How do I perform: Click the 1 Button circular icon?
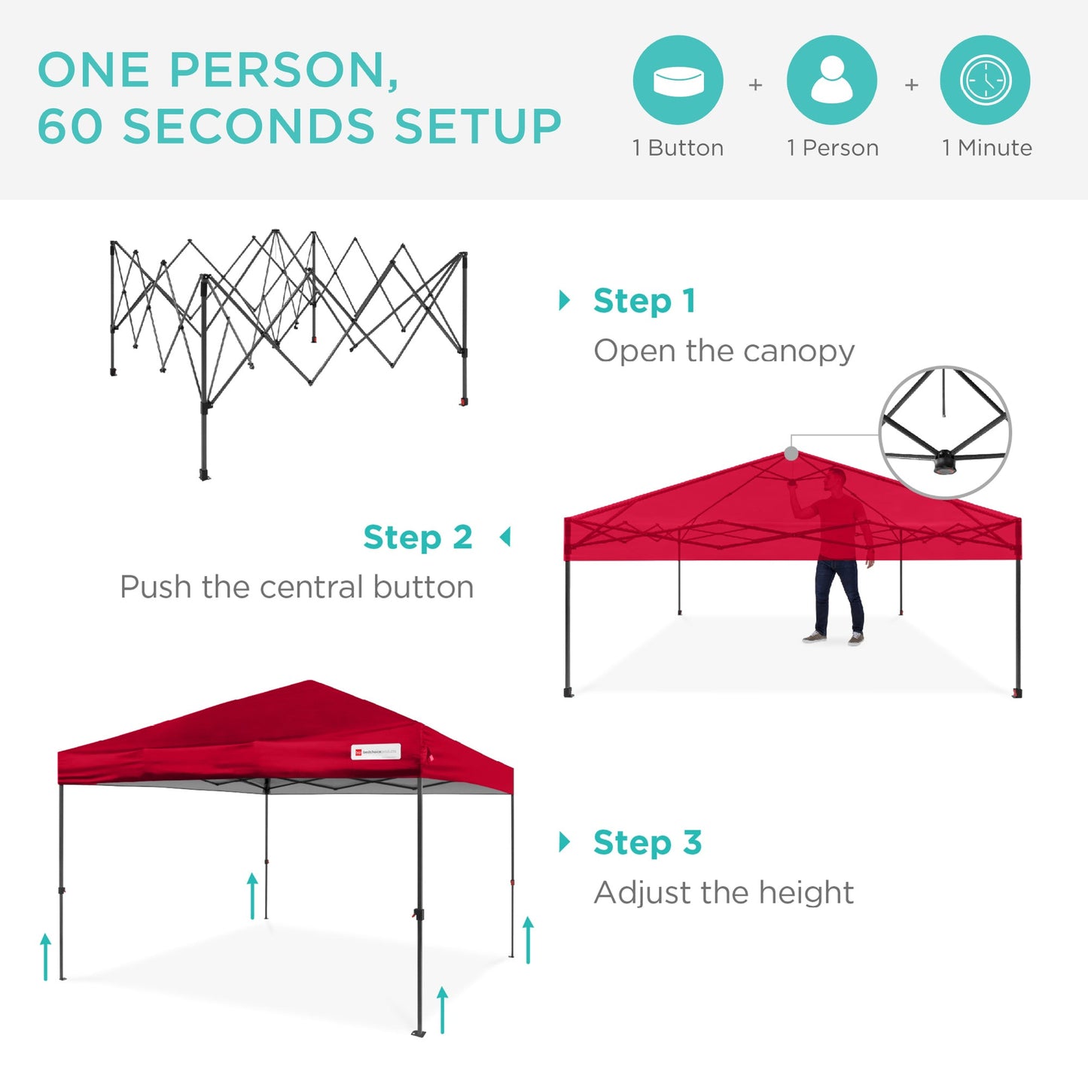pos(678,81)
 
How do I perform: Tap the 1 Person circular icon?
pos(831,81)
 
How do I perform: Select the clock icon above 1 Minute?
pos(985,81)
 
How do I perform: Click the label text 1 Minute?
pos(986,148)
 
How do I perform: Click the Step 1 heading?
pos(644,300)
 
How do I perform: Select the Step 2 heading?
pos(418,538)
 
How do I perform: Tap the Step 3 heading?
pos(647,842)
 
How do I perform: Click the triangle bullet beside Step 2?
pos(505,538)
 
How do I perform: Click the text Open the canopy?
pos(724,351)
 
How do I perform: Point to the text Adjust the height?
pos(724,893)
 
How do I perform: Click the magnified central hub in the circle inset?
pos(944,460)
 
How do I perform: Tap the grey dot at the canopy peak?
pos(791,453)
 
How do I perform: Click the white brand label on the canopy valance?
pos(376,751)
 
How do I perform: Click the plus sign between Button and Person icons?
pos(755,85)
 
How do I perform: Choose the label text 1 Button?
pos(678,148)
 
